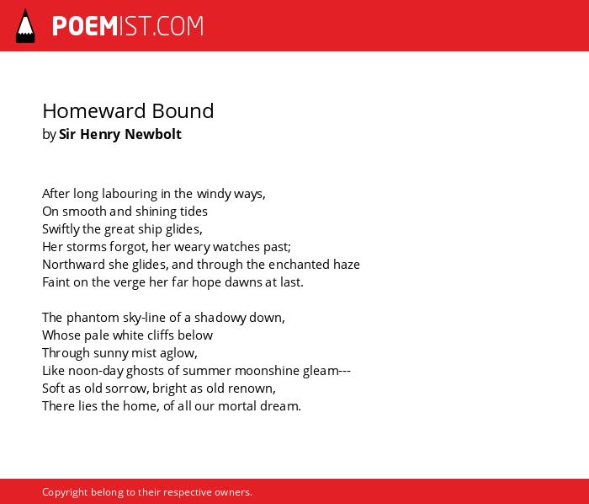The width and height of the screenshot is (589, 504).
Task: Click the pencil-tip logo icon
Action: click(25, 26)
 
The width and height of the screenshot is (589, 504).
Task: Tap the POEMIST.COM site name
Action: click(128, 26)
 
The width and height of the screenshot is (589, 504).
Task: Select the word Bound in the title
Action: click(183, 111)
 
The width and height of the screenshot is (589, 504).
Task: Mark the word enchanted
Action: click(300, 265)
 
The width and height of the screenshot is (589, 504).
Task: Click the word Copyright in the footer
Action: click(65, 492)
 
